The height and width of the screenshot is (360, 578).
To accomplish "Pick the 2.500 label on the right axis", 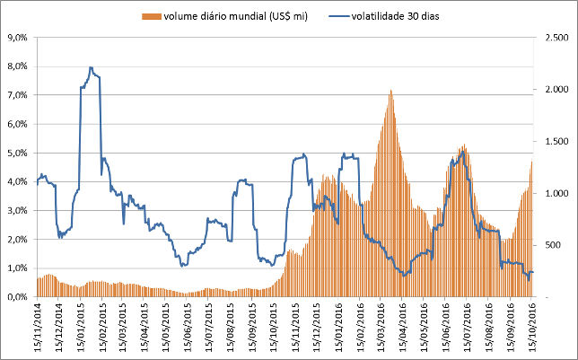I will (x=549, y=38).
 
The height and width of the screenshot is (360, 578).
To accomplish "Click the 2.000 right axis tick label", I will (x=549, y=90).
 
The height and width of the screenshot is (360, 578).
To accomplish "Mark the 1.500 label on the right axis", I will (x=549, y=142).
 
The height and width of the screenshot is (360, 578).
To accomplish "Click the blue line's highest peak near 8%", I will (x=91, y=67).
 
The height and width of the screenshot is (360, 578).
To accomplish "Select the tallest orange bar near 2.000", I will (x=390, y=91).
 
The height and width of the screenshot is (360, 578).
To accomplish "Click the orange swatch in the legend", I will (x=148, y=16).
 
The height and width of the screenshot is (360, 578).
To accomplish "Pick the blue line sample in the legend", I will (x=333, y=16).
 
